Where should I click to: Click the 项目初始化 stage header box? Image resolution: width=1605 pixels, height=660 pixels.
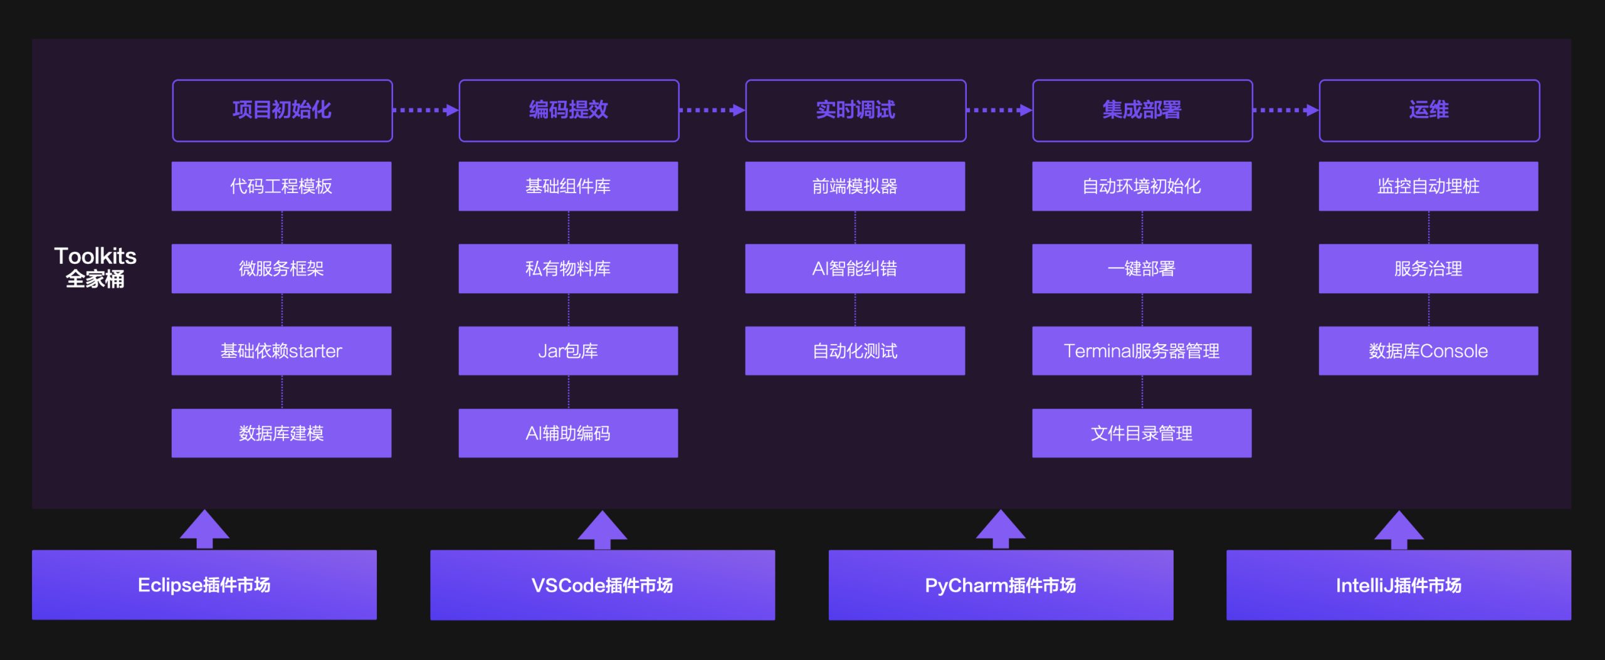pyautogui.click(x=282, y=110)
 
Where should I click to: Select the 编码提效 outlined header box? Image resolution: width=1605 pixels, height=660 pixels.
pyautogui.click(x=569, y=110)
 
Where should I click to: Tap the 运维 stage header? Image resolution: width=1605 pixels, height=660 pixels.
pyautogui.click(x=1429, y=110)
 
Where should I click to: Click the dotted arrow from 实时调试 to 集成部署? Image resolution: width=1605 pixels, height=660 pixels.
pyautogui.click(x=999, y=110)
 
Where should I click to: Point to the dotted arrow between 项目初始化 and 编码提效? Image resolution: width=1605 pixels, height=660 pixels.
pyautogui.click(x=425, y=110)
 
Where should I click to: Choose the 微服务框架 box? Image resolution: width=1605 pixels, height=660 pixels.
pyautogui.click(x=282, y=268)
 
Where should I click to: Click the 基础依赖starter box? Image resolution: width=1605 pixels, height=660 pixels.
pyautogui.click(x=282, y=350)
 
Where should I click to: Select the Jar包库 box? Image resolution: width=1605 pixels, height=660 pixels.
pyautogui.click(x=568, y=350)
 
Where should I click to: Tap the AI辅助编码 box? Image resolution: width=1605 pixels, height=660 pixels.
pyautogui.click(x=568, y=433)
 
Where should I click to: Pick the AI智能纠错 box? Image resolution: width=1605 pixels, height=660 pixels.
pyautogui.click(x=855, y=268)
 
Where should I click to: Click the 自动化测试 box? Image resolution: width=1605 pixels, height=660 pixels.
pyautogui.click(x=855, y=350)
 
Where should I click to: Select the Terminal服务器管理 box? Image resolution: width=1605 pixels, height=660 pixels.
pyautogui.click(x=1142, y=350)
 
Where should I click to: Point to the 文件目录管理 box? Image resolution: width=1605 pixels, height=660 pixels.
pyautogui.click(x=1142, y=433)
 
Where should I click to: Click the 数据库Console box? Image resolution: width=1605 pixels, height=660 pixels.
pyautogui.click(x=1428, y=350)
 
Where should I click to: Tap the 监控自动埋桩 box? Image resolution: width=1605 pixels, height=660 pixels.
pyautogui.click(x=1428, y=186)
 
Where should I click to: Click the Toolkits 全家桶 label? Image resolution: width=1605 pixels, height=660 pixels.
pyautogui.click(x=95, y=267)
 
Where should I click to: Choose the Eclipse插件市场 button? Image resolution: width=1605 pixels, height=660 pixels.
pyautogui.click(x=204, y=585)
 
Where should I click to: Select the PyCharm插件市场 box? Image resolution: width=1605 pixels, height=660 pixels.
pyautogui.click(x=1001, y=585)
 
